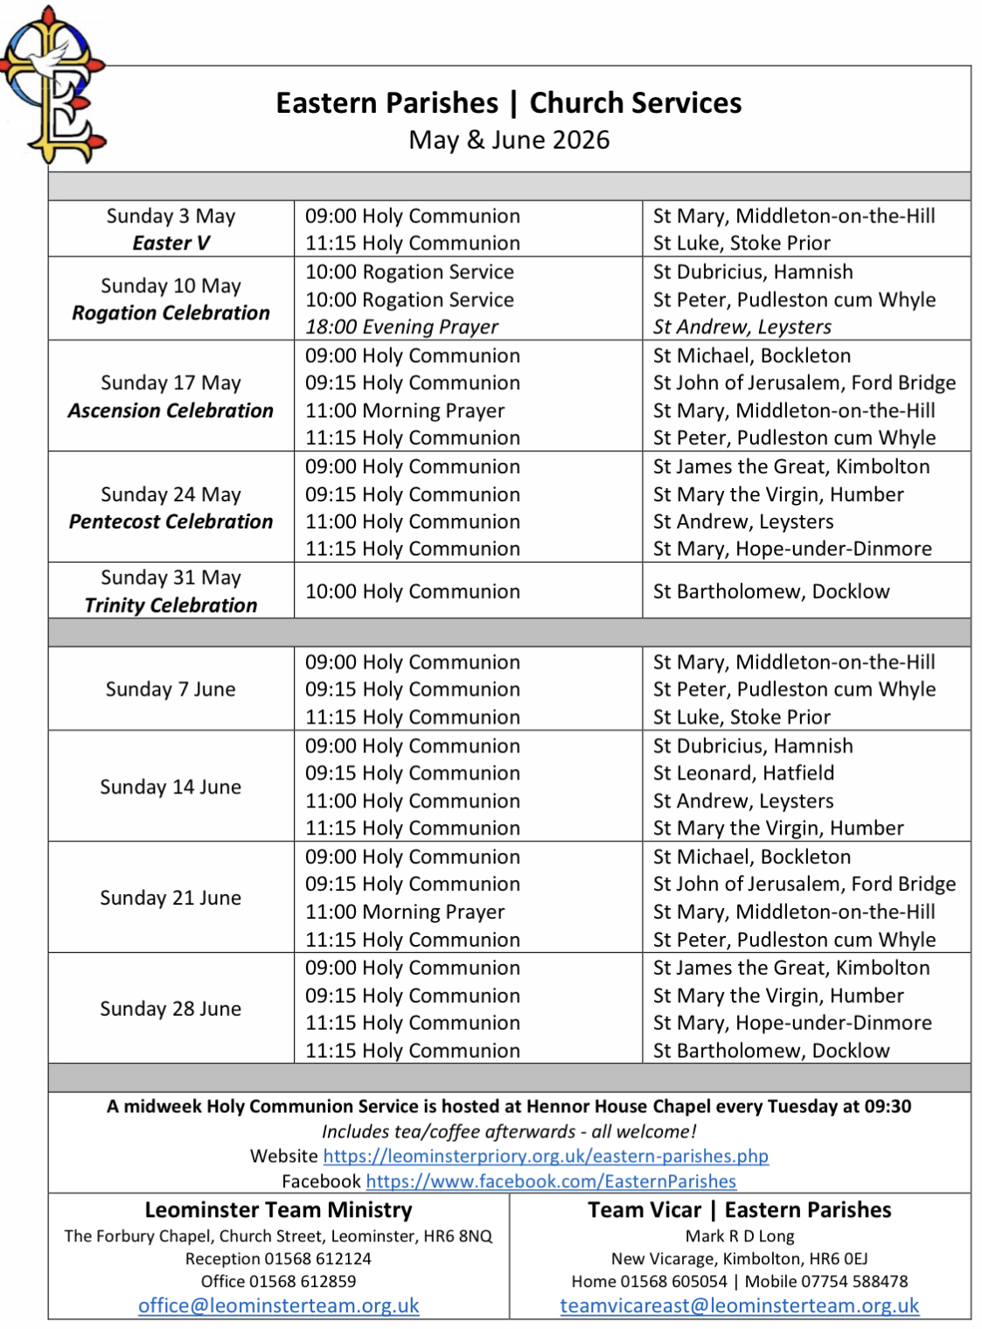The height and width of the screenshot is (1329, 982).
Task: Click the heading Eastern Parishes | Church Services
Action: tap(508, 103)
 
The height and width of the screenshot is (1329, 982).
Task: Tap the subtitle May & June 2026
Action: tap(508, 140)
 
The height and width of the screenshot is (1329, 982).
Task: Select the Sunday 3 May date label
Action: tap(171, 216)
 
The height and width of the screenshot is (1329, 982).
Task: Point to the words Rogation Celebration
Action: tap(171, 313)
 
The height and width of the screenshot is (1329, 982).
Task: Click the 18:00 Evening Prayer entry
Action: tap(401, 327)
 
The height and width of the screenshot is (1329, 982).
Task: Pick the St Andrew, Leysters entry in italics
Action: tap(742, 327)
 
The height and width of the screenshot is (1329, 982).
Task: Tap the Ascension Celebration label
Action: tap(171, 410)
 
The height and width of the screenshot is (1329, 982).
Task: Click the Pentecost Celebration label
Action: tap(171, 521)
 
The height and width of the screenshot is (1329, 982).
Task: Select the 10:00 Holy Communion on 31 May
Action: tap(412, 591)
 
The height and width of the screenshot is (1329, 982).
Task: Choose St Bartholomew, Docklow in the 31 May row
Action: tap(770, 591)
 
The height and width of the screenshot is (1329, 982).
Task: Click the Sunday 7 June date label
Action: tap(171, 689)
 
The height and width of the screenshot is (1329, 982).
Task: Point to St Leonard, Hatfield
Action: tap(743, 773)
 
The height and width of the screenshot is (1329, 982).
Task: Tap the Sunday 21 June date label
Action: tap(171, 898)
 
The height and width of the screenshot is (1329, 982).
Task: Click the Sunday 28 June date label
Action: tap(171, 1009)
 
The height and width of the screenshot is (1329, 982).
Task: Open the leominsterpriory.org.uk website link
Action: tap(546, 1156)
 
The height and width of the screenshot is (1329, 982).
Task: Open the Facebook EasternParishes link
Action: tap(551, 1181)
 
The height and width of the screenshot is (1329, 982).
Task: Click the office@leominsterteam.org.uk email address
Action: tap(278, 1305)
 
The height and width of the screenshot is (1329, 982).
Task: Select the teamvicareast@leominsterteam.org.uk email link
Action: tap(739, 1305)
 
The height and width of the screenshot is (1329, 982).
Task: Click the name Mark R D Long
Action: tap(739, 1236)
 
